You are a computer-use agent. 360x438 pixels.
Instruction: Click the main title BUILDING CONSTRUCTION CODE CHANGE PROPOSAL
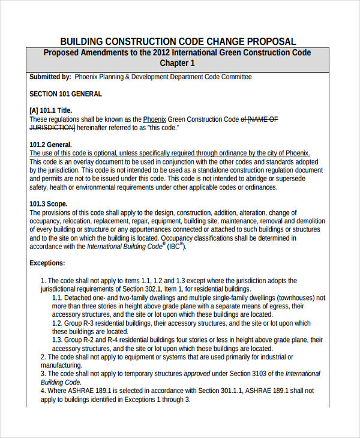[178, 41]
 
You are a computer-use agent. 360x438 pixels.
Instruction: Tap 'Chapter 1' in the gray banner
[177, 63]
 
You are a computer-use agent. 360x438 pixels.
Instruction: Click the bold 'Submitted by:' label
[50, 77]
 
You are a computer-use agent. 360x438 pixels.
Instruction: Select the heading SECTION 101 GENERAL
[65, 94]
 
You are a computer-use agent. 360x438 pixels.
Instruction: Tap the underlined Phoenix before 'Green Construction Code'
[154, 119]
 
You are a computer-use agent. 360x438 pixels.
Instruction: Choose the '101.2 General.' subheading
[50, 145]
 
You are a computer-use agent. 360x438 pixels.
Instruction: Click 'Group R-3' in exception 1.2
[82, 323]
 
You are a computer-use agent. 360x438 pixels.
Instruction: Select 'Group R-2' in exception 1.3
[82, 340]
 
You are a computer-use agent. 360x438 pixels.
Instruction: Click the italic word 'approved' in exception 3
[197, 373]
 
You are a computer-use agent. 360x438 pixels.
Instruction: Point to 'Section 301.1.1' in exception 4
[237, 390]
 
